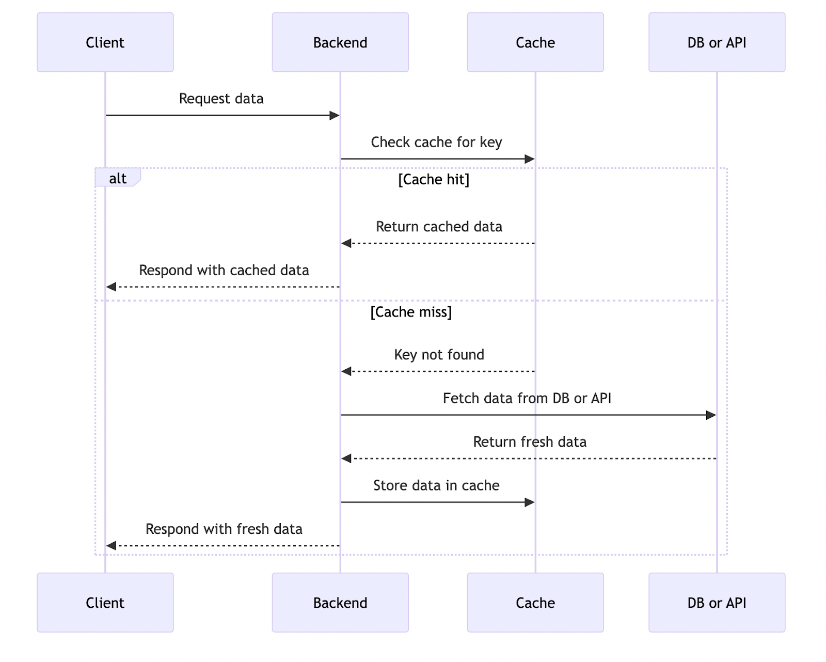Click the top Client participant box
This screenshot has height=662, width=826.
click(x=105, y=42)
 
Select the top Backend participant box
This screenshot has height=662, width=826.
click(x=340, y=42)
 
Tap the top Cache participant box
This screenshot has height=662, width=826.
click(x=535, y=42)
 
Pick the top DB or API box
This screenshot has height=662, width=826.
click(x=717, y=42)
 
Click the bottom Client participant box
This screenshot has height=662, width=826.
click(x=105, y=602)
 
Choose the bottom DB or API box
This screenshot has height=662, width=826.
click(x=717, y=602)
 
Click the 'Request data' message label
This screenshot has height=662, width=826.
click(x=221, y=99)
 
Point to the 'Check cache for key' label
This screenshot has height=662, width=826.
click(x=436, y=142)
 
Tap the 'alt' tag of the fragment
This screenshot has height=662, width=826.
click(x=118, y=178)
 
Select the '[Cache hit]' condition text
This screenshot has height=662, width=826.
click(x=434, y=180)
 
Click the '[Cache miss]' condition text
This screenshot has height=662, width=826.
click(x=411, y=312)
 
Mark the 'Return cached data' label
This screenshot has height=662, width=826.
click(x=439, y=227)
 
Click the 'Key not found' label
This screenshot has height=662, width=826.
click(x=439, y=355)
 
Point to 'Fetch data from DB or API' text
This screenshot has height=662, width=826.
click(x=527, y=398)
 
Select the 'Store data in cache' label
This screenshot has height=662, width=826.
click(x=436, y=485)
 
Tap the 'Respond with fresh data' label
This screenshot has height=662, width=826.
click(x=224, y=529)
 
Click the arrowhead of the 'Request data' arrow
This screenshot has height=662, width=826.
click(x=335, y=116)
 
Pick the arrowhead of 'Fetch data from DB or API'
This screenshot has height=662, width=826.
click(x=711, y=415)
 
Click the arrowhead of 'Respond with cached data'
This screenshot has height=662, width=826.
click(x=111, y=287)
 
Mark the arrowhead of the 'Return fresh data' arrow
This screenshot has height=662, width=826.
click(x=346, y=459)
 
